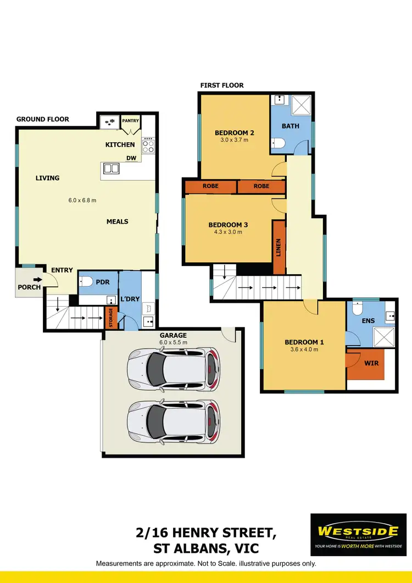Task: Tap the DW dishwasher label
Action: [x=131, y=158]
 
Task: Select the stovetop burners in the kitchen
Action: [x=148, y=146]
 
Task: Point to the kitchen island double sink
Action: [x=112, y=169]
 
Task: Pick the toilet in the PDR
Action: [x=86, y=282]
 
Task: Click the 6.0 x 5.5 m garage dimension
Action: [x=174, y=342]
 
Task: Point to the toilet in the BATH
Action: [x=279, y=144]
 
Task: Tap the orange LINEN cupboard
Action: [x=279, y=247]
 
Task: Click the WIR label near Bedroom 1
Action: [x=371, y=364]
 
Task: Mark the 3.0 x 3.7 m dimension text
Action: [x=234, y=140]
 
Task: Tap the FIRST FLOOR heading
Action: [x=222, y=85]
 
